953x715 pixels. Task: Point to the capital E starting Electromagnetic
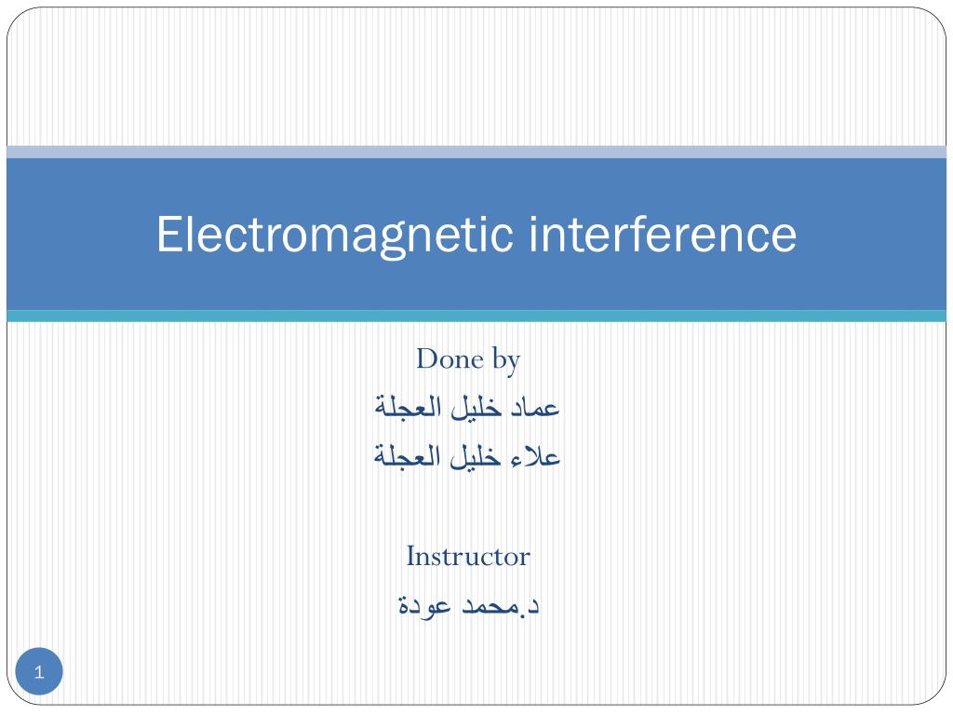(168, 235)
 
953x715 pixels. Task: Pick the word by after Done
(503, 360)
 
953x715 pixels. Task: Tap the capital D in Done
(425, 358)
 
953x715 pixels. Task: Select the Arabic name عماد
(535, 408)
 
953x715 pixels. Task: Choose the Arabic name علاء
(537, 457)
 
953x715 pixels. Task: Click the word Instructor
(468, 557)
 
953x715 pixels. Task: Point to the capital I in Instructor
(410, 557)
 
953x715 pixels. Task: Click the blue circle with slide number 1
(39, 672)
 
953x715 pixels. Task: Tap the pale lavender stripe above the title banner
(476, 152)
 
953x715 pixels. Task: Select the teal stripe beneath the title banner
(476, 317)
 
